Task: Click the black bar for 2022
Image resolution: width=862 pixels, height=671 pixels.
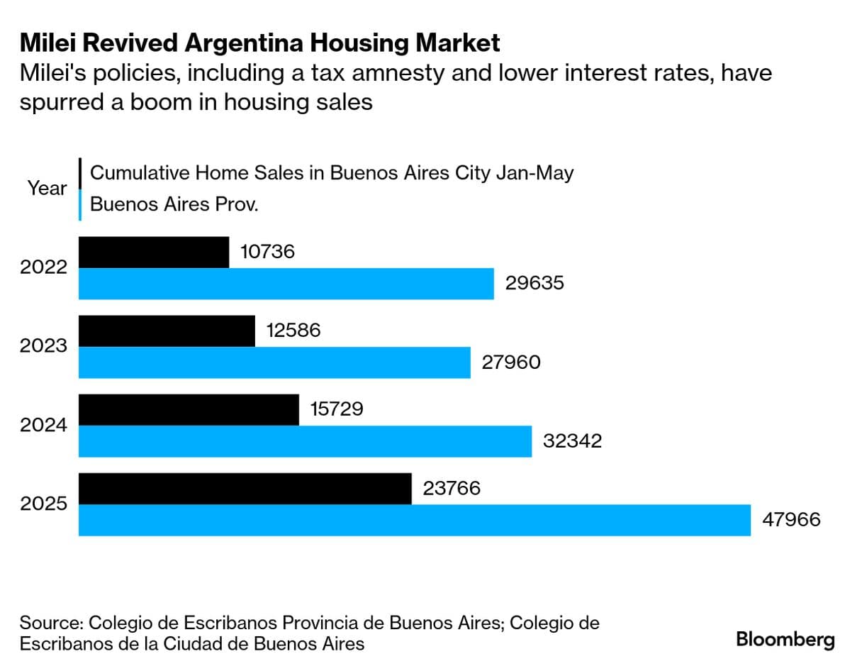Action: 153,253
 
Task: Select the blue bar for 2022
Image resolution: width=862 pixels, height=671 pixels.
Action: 286,284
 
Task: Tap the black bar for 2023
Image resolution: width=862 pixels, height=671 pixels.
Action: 166,331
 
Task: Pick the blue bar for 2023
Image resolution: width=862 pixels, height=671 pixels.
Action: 274,362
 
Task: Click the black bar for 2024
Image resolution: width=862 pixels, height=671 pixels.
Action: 188,410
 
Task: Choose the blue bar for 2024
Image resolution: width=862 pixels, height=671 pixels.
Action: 305,441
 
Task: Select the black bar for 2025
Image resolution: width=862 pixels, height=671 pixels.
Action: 245,489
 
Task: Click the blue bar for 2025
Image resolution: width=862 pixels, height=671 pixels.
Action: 414,520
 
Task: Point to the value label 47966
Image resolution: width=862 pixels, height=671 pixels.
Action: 791,520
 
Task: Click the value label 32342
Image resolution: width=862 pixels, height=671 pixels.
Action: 572,441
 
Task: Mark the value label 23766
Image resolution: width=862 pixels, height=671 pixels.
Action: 452,489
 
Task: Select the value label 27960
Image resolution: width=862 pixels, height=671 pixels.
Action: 511,362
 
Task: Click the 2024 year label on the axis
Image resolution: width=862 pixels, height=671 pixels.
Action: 44,426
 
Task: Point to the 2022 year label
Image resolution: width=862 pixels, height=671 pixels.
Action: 44,268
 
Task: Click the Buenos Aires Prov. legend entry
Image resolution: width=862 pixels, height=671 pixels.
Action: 174,205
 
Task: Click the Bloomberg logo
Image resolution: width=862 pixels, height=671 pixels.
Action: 785,639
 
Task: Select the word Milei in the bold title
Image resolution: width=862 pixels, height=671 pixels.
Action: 50,43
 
